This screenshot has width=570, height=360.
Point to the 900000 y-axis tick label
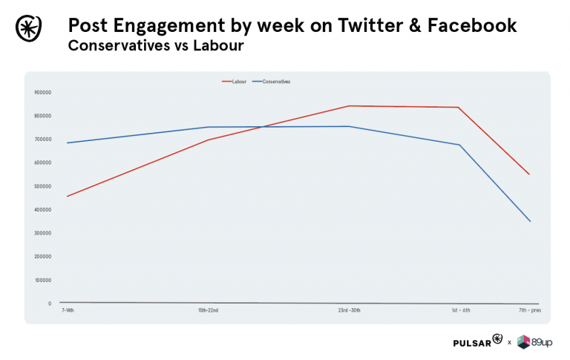(42, 92)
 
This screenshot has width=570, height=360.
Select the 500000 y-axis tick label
(42, 186)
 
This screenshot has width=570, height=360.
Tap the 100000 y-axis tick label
(42, 280)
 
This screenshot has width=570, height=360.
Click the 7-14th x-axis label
(68, 310)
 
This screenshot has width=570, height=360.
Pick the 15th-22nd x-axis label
(208, 310)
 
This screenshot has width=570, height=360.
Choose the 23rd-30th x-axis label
(349, 310)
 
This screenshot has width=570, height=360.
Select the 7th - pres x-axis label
(530, 310)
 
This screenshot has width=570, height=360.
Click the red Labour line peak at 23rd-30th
(349, 105)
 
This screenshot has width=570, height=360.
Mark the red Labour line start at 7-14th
(67, 196)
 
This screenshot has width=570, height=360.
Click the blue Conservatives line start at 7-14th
(67, 143)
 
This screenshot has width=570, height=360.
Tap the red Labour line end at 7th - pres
(530, 174)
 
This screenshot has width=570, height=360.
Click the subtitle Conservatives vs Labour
(155, 47)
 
